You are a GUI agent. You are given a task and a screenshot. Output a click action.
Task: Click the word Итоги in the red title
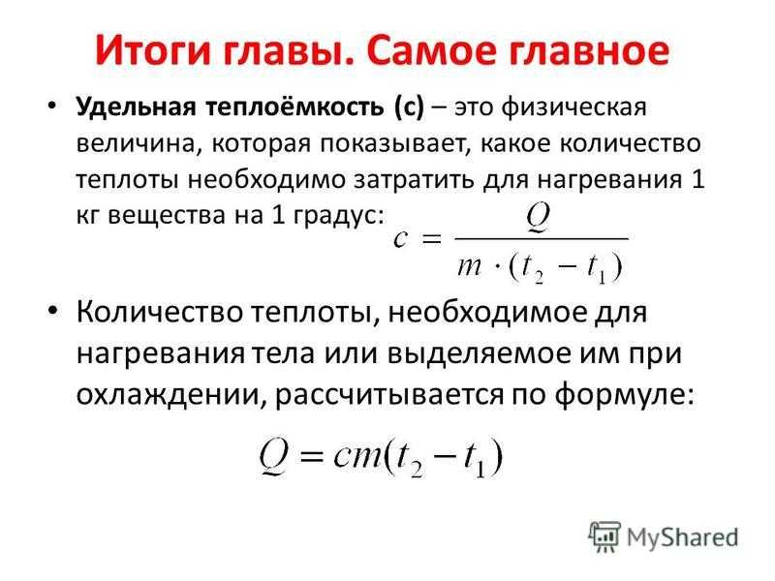pyautogui.click(x=153, y=51)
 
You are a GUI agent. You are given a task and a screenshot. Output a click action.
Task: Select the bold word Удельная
pyautogui.click(x=136, y=107)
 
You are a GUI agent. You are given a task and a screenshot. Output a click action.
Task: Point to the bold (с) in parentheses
pyautogui.click(x=409, y=107)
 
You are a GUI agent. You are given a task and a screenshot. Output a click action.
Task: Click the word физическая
pyautogui.click(x=573, y=107)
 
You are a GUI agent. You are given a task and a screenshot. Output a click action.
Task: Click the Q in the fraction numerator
pyautogui.click(x=538, y=216)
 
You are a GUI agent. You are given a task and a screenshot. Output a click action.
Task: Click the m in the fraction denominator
pyautogui.click(x=469, y=267)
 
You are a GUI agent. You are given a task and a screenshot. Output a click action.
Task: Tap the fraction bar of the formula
pyautogui.click(x=542, y=239)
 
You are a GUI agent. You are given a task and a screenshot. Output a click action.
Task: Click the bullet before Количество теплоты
pyautogui.click(x=53, y=310)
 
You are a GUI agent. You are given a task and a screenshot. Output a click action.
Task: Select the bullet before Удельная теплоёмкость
pyautogui.click(x=52, y=106)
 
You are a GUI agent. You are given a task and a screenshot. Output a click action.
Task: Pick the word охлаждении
pyautogui.click(x=168, y=395)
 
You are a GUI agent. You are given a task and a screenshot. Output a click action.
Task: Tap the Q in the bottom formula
pyautogui.click(x=273, y=457)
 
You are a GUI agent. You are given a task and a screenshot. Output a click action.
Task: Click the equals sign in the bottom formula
pyautogui.click(x=311, y=457)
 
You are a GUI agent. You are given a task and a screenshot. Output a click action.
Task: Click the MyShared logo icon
pyautogui.click(x=604, y=536)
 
